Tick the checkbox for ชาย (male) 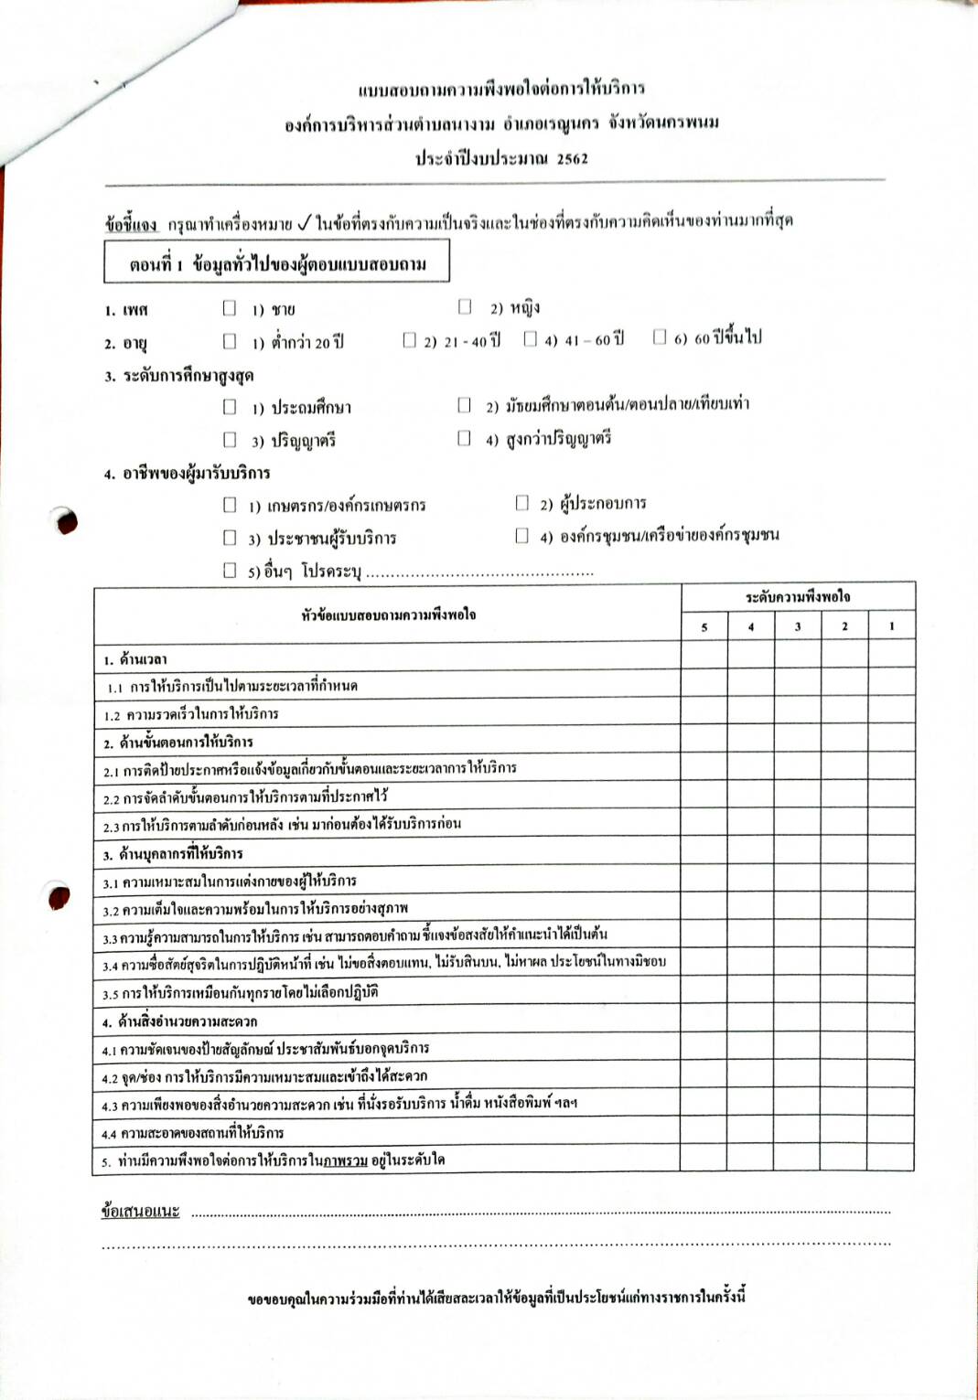(x=230, y=308)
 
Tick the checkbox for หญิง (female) (x=465, y=305)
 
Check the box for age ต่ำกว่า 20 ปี (x=230, y=341)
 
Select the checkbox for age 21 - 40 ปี (x=409, y=340)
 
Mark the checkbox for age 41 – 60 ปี (x=530, y=339)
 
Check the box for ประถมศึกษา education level (x=230, y=406)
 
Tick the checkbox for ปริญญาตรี (x=230, y=439)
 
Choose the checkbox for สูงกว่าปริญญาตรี (x=465, y=438)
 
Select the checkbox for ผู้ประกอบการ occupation (x=522, y=502)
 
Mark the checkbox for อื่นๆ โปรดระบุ (x=230, y=570)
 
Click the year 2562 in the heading (x=572, y=158)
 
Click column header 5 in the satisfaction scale (x=704, y=626)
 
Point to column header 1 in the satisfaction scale (x=892, y=626)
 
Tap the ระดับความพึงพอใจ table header (x=797, y=597)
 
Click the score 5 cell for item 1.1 (x=704, y=684)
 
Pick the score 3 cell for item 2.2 (x=798, y=796)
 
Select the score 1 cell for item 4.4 (x=891, y=1130)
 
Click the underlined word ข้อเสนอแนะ (x=140, y=1212)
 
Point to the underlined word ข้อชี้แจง (x=130, y=223)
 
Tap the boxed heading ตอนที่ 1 (x=276, y=264)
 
